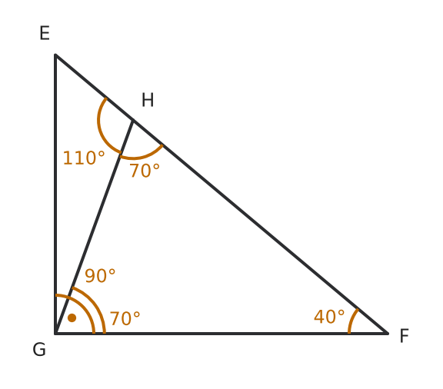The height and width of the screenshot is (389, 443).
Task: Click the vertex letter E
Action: pyautogui.click(x=45, y=33)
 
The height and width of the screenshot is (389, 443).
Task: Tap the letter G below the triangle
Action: pyautogui.click(x=39, y=350)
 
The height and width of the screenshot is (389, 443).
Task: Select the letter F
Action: pyautogui.click(x=405, y=336)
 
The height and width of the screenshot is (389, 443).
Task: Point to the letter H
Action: pyautogui.click(x=148, y=100)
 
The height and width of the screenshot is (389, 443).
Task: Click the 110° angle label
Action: pyautogui.click(x=84, y=158)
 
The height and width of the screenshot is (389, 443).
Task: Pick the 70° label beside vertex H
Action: pyautogui.click(x=145, y=171)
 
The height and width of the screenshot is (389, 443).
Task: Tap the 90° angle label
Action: pyautogui.click(x=100, y=276)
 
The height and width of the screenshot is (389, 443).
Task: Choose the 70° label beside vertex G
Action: pyautogui.click(x=125, y=319)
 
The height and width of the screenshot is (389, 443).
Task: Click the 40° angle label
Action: pyautogui.click(x=329, y=317)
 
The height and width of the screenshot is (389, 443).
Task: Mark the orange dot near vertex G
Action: pyautogui.click(x=72, y=318)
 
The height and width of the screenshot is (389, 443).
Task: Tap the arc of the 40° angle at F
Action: pyautogui.click(x=351, y=321)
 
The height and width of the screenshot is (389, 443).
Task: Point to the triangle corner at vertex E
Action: pyautogui.click(x=55, y=55)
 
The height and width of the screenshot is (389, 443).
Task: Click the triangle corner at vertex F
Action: pyautogui.click(x=388, y=334)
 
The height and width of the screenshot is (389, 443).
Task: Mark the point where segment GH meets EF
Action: pyautogui.click(x=132, y=120)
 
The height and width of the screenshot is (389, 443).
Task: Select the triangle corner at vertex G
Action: pyautogui.click(x=55, y=334)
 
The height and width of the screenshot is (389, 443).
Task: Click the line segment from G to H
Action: pyautogui.click(x=94, y=227)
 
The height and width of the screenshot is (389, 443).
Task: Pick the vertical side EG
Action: pyautogui.click(x=55, y=194)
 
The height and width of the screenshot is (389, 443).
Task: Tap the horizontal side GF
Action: pyautogui.click(x=221, y=334)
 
